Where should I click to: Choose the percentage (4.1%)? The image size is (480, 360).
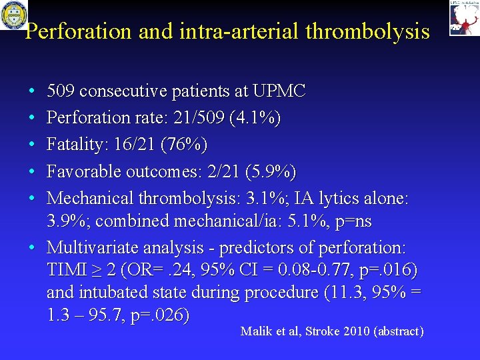point(255,118)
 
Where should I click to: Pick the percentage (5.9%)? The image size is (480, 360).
point(270,171)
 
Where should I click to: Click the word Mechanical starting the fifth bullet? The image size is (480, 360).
point(91,199)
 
